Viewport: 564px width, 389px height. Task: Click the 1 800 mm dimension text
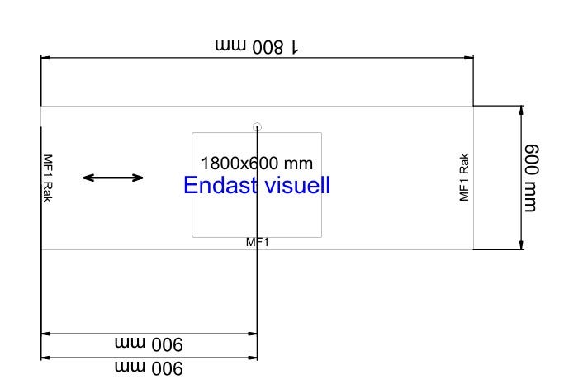tap(257, 47)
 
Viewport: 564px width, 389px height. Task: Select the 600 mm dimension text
tap(532, 178)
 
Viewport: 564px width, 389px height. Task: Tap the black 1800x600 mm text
tap(257, 164)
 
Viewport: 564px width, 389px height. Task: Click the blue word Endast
tap(220, 185)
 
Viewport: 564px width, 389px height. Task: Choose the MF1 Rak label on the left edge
tap(48, 178)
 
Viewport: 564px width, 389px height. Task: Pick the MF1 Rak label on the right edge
tap(464, 177)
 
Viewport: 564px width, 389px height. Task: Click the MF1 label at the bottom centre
tap(257, 242)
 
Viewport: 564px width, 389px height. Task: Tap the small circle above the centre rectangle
tap(257, 127)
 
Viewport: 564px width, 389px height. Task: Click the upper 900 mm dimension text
tap(149, 344)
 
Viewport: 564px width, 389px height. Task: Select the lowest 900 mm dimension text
tap(149, 368)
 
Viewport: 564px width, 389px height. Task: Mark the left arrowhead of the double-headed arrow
tap(88, 178)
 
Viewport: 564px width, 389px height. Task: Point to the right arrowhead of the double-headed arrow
tap(137, 178)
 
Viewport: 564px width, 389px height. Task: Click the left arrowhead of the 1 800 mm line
tap(45, 58)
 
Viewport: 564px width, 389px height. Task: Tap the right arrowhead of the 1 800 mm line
tap(469, 58)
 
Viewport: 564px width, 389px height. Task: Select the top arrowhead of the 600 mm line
tap(521, 111)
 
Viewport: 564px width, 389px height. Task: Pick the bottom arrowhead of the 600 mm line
tap(521, 244)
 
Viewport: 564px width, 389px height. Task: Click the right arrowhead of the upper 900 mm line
tap(253, 334)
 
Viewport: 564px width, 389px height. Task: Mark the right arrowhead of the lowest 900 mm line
tap(253, 358)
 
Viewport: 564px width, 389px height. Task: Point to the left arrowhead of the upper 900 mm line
tap(45, 334)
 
